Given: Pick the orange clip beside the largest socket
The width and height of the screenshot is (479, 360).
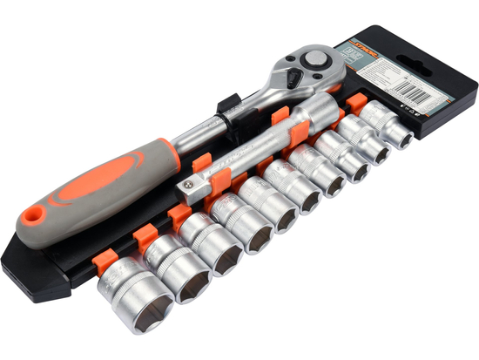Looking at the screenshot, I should coord(142,236).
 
